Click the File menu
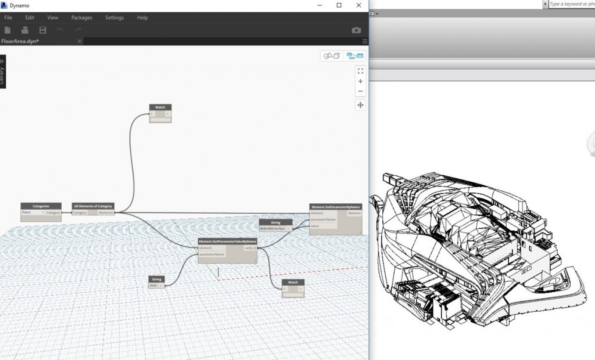click(x=8, y=18)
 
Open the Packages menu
click(x=81, y=18)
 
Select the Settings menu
click(x=114, y=18)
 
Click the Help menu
click(x=142, y=18)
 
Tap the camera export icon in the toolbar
click(x=356, y=30)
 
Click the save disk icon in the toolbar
click(x=42, y=30)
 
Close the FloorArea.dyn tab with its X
click(x=80, y=41)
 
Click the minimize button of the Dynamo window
click(x=320, y=5)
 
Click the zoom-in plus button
click(x=360, y=81)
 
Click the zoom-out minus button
click(x=360, y=91)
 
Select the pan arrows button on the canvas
click(x=360, y=105)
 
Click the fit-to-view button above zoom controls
click(x=360, y=71)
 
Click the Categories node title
click(x=41, y=206)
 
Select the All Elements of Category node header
click(x=93, y=206)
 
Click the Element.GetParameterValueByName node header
click(x=227, y=241)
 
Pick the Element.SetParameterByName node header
click(x=335, y=207)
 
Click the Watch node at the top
click(x=160, y=107)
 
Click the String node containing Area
click(x=157, y=279)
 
